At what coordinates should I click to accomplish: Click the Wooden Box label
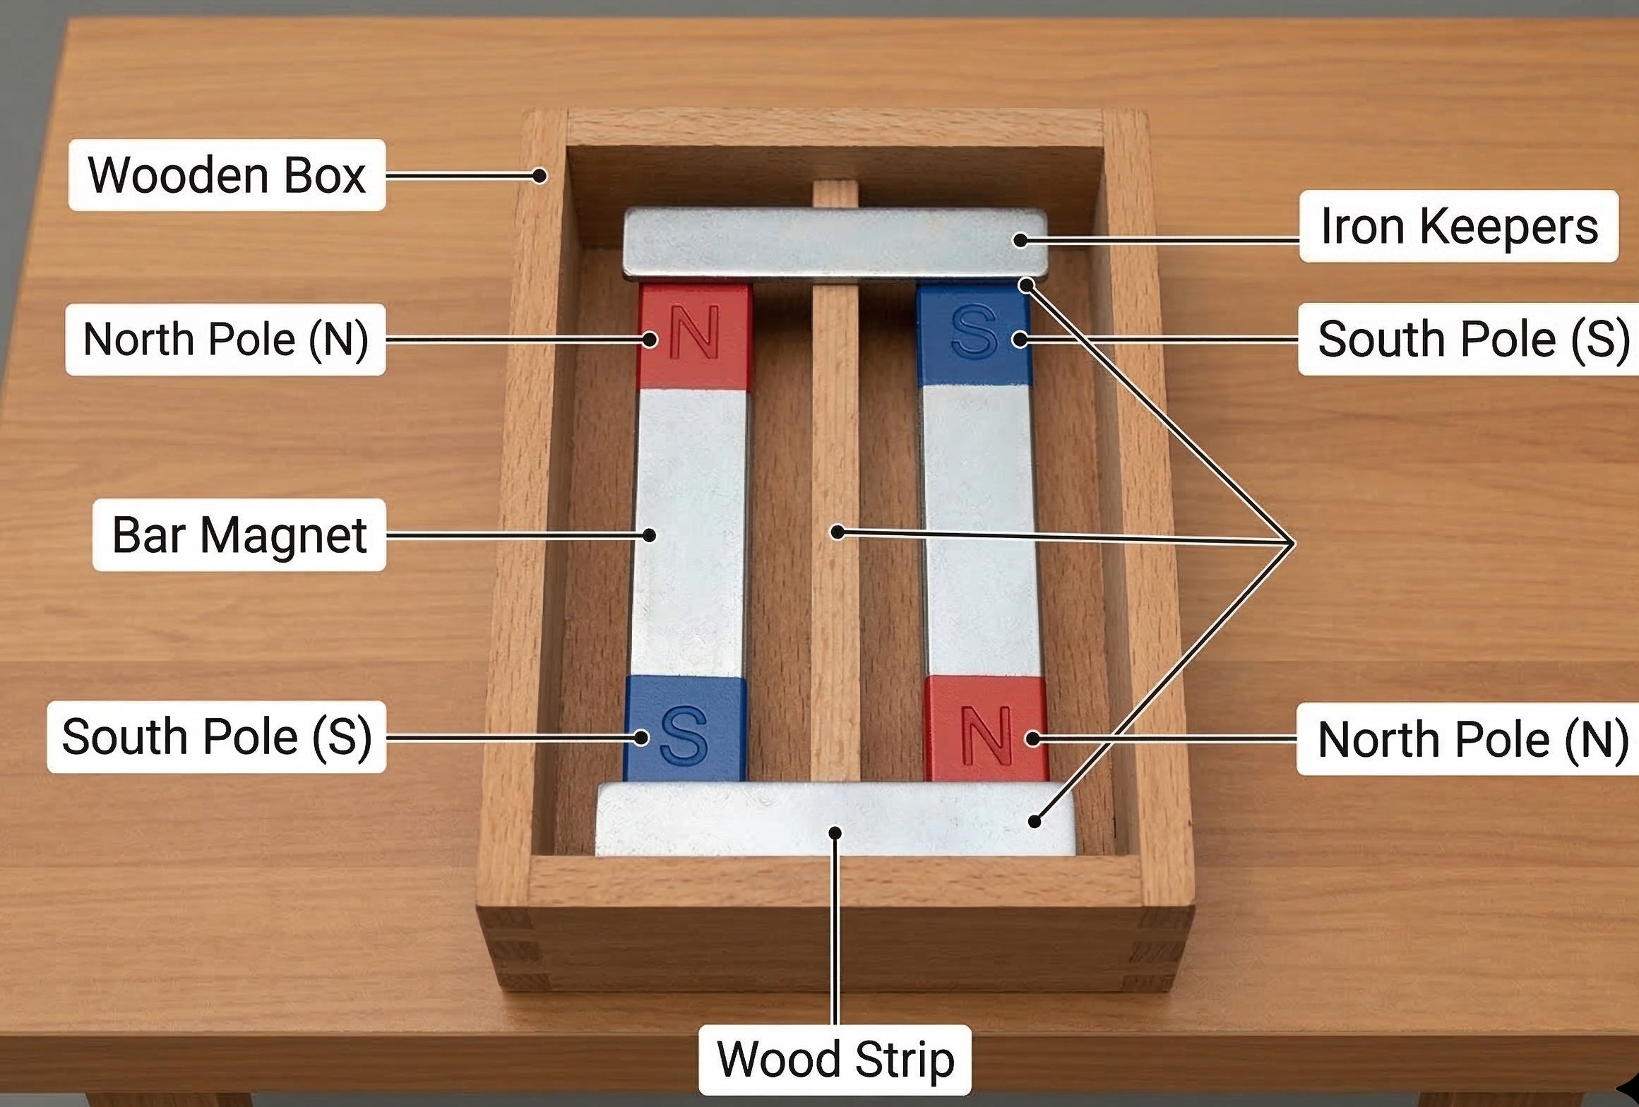point(227,175)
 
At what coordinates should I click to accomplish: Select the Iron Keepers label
point(1458,226)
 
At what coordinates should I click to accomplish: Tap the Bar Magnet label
point(239,534)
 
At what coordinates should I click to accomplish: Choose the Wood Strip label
point(835,1060)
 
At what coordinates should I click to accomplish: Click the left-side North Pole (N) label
point(226,340)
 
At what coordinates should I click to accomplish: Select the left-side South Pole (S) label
point(217,737)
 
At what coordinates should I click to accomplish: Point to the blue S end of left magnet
point(684,729)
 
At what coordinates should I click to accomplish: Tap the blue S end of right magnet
point(974,333)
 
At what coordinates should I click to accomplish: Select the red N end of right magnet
point(986,729)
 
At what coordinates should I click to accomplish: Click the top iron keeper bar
point(835,242)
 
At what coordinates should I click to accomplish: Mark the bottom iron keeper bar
point(835,819)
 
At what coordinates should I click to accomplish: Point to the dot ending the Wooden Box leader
point(540,176)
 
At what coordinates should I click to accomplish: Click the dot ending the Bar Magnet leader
point(649,535)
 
